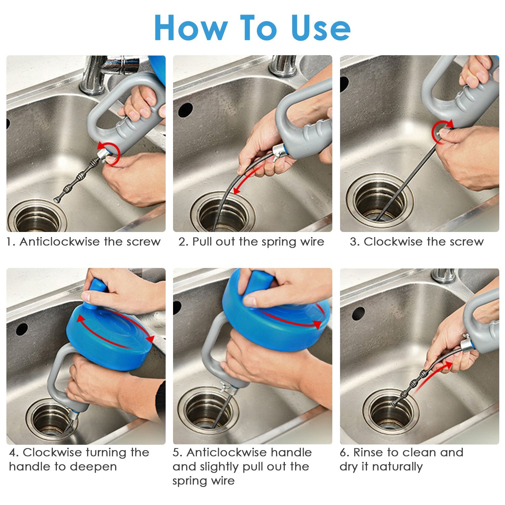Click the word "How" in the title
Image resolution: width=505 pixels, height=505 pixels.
pyautogui.click(x=191, y=28)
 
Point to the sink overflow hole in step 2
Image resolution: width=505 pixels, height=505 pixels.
pyautogui.click(x=185, y=110)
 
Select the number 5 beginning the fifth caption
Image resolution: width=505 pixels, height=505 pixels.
pyautogui.click(x=176, y=453)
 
